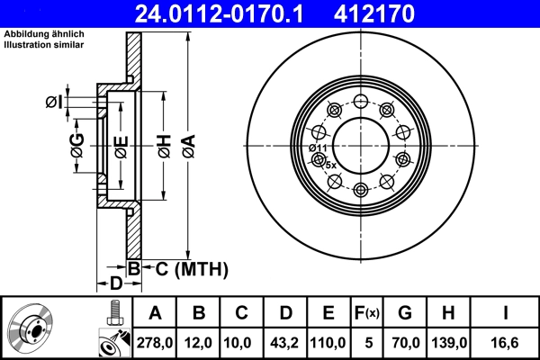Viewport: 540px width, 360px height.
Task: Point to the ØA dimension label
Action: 187,147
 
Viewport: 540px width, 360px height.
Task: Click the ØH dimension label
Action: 164,147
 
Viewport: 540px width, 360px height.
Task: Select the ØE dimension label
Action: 121,147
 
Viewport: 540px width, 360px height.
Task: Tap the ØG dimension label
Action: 77,147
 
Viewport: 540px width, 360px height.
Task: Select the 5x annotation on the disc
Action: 329,166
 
